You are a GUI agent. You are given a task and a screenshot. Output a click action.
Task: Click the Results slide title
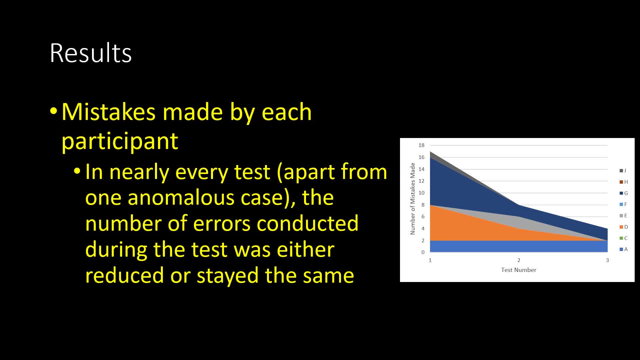click(91, 53)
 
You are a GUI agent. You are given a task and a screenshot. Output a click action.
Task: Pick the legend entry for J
click(623, 171)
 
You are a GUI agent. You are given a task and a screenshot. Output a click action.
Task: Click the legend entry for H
click(624, 182)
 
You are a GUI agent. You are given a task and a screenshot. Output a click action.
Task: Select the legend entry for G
click(624, 193)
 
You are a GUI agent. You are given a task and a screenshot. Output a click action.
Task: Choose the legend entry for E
click(623, 216)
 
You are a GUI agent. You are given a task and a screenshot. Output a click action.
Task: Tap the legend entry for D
click(624, 227)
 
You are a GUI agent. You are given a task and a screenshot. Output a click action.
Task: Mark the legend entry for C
click(623, 238)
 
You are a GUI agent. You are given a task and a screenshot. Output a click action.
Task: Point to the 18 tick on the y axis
click(421, 145)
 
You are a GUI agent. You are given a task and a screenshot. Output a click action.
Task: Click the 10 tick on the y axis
click(421, 193)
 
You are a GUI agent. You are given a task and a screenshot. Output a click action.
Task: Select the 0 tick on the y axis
click(423, 252)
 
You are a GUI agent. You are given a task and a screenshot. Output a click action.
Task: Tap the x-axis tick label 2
click(519, 260)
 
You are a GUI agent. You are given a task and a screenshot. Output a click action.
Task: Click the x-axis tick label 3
click(607, 260)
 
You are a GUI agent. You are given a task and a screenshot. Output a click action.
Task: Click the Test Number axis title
click(519, 270)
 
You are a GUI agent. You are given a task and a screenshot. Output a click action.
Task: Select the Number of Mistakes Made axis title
click(413, 199)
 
